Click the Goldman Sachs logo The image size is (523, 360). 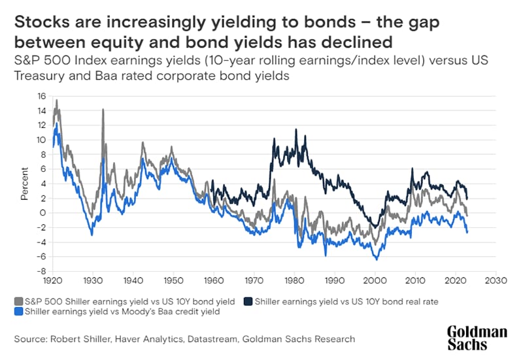477,339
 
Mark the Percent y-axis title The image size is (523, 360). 25,184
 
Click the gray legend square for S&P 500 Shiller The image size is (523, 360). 18,301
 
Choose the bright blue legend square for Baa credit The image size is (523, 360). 18,312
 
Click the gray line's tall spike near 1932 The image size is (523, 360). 103,110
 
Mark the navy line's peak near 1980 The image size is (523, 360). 295,129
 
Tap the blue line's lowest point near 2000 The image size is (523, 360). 377,259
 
